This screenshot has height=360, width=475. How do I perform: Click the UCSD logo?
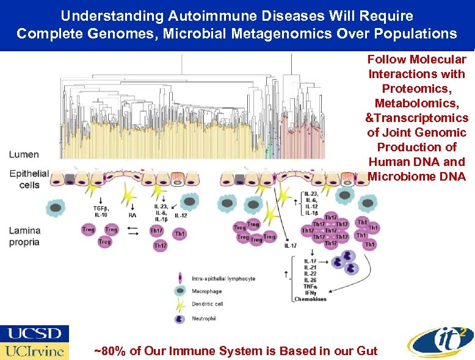35,334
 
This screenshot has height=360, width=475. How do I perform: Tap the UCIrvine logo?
35,351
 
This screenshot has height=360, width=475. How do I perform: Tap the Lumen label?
24,155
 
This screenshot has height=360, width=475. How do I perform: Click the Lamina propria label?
24,236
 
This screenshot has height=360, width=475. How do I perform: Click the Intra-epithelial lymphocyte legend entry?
223,278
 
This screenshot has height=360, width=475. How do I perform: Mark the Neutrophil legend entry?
206,319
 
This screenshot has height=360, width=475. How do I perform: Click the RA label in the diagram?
132,215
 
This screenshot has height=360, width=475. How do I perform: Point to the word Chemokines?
311,299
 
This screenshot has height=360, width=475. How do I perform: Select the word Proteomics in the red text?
416,88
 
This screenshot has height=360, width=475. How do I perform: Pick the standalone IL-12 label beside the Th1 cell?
181,215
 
